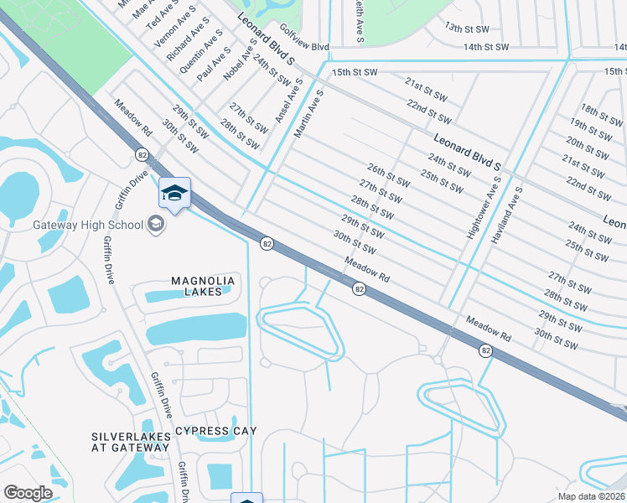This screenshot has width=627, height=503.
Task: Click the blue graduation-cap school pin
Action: coord(174,194)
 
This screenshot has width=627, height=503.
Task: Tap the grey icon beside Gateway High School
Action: coord(155,224)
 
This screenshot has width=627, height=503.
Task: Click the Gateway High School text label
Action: coord(87,225)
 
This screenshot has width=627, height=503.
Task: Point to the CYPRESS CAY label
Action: coord(215,431)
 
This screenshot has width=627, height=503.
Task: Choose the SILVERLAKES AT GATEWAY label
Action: coord(130,442)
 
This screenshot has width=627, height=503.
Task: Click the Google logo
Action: coord(28,493)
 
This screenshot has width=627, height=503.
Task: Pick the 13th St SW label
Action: coord(465,27)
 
